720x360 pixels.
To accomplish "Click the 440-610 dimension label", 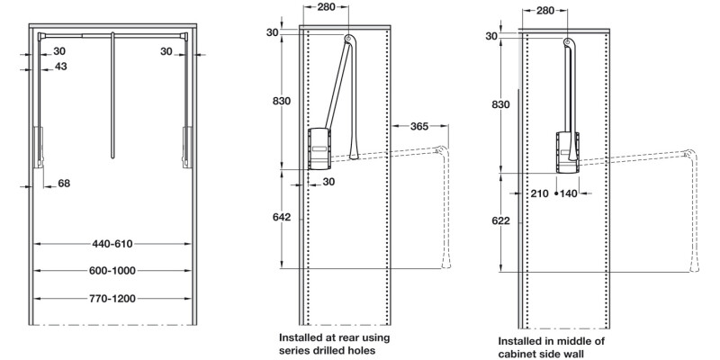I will [112, 244].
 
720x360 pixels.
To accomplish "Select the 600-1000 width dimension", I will [112, 271].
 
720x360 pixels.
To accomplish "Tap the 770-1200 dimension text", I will [112, 298].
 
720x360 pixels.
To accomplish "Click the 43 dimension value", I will [60, 67].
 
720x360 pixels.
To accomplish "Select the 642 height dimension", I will [281, 217].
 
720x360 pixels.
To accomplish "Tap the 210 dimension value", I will [540, 193].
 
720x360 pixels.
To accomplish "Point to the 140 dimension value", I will [569, 193].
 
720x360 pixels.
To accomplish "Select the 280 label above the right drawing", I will [545, 11].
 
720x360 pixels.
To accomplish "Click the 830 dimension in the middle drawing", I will [281, 101].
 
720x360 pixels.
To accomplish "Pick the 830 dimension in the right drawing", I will [500, 105].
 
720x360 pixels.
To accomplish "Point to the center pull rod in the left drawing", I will [113, 90].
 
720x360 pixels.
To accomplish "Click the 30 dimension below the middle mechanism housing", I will [328, 182].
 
